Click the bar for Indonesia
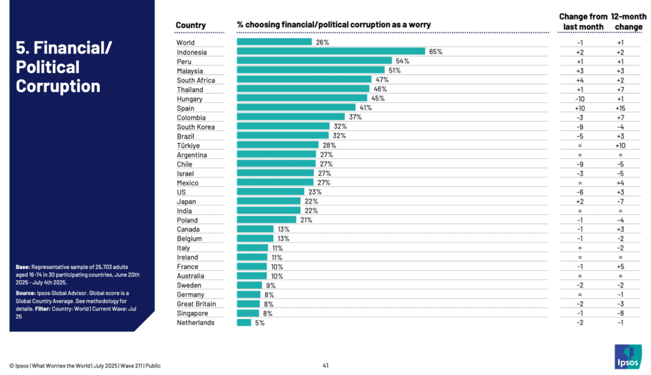click(x=331, y=51)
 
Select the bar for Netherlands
click(x=244, y=322)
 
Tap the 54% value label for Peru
click(x=402, y=61)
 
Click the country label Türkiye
click(x=189, y=146)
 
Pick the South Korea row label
click(x=196, y=127)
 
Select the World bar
click(x=274, y=42)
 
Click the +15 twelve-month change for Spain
click(x=620, y=108)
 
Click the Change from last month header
click(x=580, y=21)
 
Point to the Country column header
click(x=191, y=25)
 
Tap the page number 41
click(x=325, y=365)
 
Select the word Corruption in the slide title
click(x=58, y=86)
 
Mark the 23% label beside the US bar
click(x=315, y=192)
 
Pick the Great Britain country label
click(x=196, y=304)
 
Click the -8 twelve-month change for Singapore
click(x=620, y=313)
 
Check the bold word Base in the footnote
click(x=23, y=266)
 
